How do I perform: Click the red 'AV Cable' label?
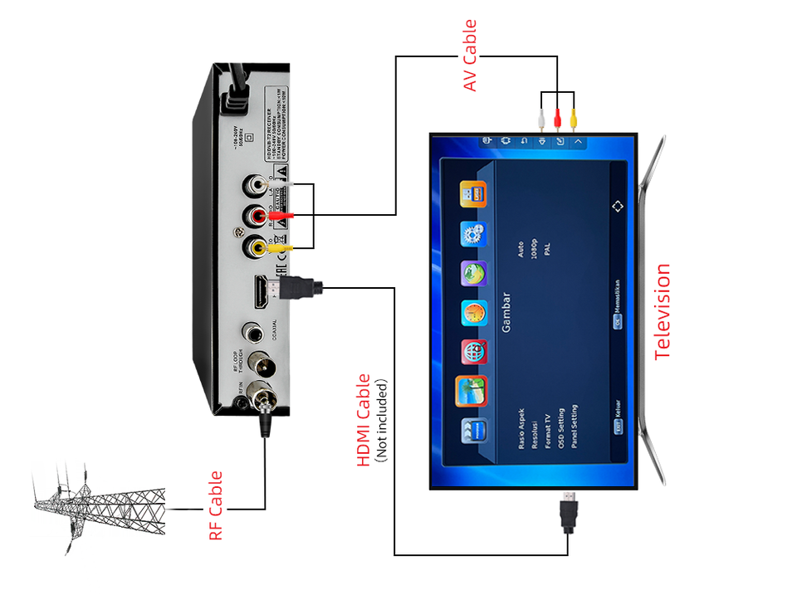[471, 56]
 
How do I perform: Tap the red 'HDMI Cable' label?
[364, 420]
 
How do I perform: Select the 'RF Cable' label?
[216, 506]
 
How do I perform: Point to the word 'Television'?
[662, 311]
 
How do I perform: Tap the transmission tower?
[91, 506]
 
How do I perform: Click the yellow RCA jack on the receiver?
[255, 246]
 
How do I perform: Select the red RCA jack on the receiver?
[255, 217]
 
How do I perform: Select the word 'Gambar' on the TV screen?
[506, 314]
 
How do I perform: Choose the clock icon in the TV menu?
[474, 314]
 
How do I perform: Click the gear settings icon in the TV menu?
[474, 235]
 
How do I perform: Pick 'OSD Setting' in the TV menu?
[561, 427]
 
